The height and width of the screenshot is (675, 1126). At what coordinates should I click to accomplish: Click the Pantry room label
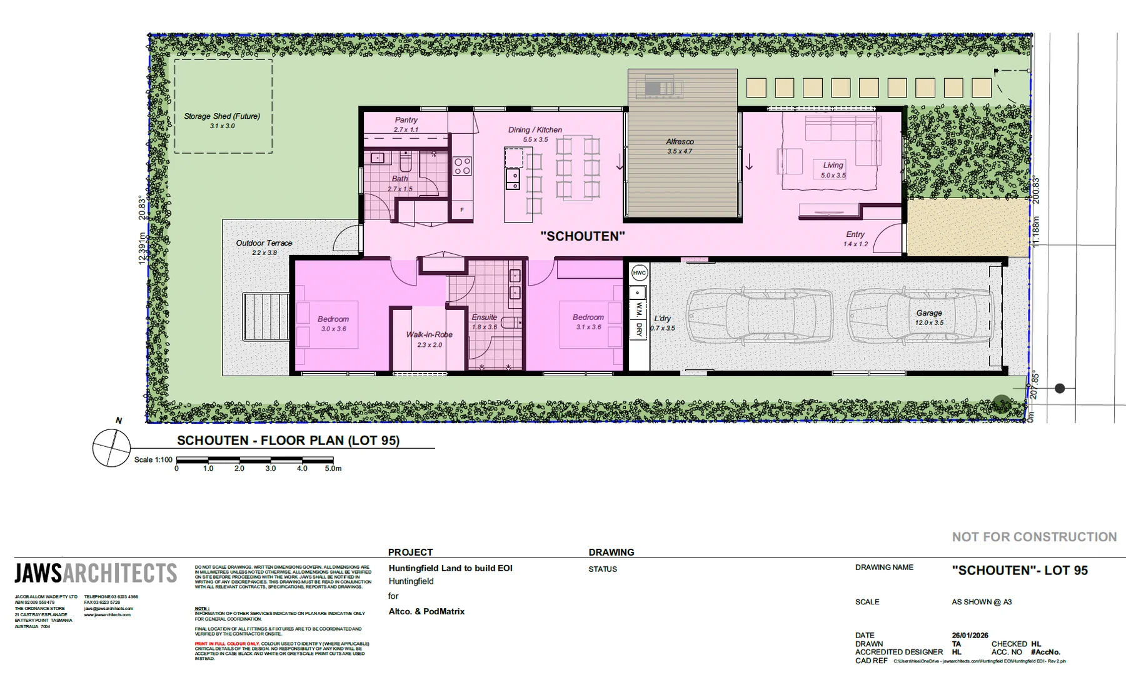click(x=406, y=120)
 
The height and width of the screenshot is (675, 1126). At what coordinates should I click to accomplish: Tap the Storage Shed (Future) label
click(x=222, y=116)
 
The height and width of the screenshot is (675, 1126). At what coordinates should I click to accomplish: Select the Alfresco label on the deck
click(x=680, y=142)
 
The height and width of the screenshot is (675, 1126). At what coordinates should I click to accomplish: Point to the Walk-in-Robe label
click(x=429, y=334)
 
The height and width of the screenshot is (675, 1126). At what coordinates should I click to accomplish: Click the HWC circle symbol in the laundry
click(x=639, y=273)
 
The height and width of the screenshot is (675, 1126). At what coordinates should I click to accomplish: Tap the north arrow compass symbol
click(x=112, y=447)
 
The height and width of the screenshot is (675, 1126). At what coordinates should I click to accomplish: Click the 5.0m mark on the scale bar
click(x=333, y=468)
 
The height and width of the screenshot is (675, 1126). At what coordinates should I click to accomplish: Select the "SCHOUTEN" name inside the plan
click(x=582, y=236)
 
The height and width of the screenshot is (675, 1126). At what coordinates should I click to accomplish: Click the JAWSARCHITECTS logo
click(x=96, y=573)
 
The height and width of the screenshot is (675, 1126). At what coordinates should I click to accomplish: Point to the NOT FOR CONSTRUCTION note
click(x=1034, y=537)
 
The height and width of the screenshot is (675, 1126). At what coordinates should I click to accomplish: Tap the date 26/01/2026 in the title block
click(x=970, y=635)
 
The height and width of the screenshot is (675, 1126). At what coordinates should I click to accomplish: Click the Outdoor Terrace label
click(x=264, y=243)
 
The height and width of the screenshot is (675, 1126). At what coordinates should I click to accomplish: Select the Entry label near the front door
click(x=855, y=234)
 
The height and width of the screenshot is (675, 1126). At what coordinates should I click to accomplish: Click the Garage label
click(x=929, y=313)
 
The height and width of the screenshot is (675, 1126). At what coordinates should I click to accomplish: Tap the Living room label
click(x=833, y=165)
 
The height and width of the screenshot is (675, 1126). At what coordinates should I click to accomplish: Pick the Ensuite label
click(x=484, y=317)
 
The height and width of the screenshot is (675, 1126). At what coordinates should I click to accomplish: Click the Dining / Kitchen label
click(x=535, y=130)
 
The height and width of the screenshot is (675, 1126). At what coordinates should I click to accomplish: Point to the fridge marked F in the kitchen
click(x=462, y=210)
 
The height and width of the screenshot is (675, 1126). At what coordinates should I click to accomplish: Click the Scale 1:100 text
click(x=153, y=460)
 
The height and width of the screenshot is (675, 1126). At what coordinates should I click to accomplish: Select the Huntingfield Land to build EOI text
click(x=450, y=568)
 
